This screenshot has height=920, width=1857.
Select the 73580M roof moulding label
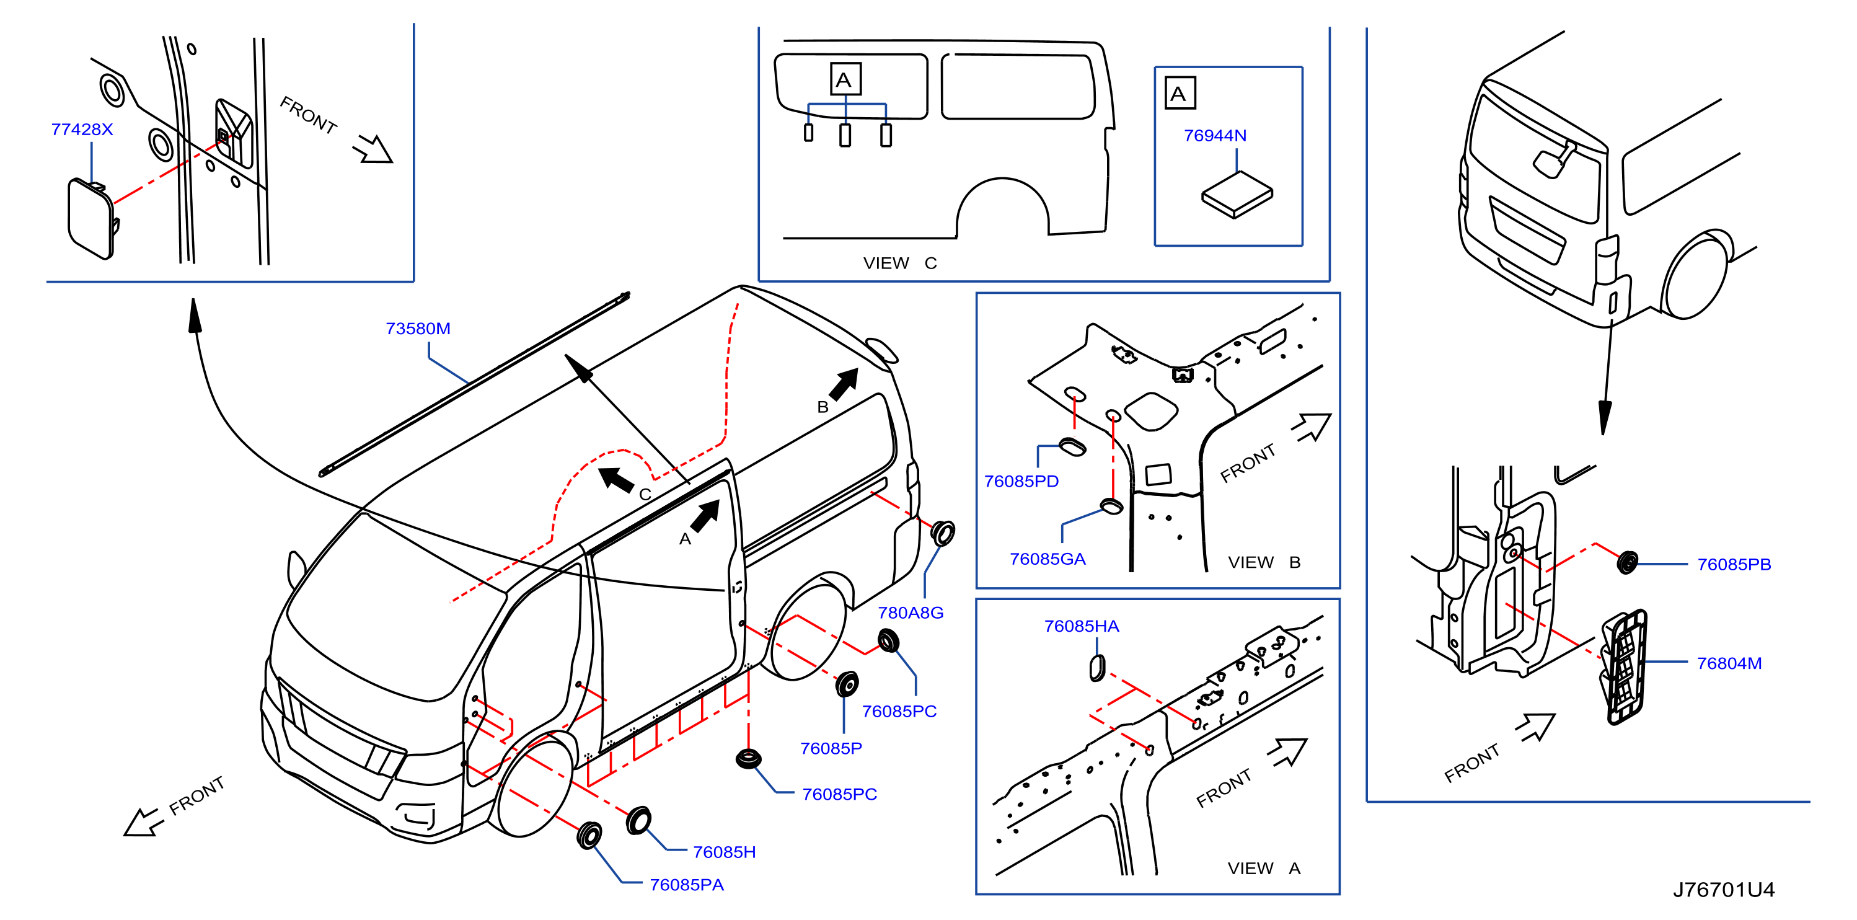coord(418,329)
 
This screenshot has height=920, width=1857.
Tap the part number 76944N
coord(1215,136)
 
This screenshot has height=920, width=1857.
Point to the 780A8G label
coord(911,613)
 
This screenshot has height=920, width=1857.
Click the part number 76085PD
coord(1021,482)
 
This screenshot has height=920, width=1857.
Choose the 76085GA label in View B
coord(1048,559)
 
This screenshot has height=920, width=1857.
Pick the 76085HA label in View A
coord(1082,627)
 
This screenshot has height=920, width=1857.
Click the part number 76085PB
coord(1734,565)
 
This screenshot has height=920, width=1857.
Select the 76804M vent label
coord(1729,663)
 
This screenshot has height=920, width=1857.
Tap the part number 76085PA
coord(686,885)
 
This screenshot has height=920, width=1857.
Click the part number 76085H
coord(724,852)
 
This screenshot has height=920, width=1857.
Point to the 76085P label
coord(831,748)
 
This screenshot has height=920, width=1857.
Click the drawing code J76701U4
coord(1724,890)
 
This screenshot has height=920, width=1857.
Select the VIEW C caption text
coord(899,263)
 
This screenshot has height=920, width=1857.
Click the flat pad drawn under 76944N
coord(1237,195)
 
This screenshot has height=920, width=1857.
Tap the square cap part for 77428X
coord(93,218)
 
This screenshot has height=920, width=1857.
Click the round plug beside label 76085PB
coord(1627,562)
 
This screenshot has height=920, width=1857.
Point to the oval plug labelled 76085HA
coord(1096,668)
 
